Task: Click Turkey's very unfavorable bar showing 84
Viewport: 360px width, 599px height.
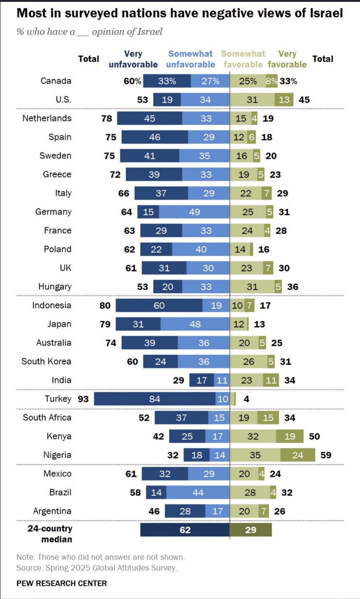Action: point(155,399)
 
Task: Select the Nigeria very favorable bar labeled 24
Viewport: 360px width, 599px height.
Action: point(298,455)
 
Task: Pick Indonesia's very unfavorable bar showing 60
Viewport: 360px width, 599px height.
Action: point(159,306)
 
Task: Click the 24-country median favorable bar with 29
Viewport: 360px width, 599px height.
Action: point(251,530)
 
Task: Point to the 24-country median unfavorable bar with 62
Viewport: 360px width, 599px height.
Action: point(185,530)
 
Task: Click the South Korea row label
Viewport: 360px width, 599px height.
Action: point(46,361)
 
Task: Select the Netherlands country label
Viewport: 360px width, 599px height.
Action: point(47,119)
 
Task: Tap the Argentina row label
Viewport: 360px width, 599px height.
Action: point(52,511)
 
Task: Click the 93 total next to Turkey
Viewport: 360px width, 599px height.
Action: point(83,399)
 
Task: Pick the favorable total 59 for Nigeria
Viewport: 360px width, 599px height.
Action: point(326,455)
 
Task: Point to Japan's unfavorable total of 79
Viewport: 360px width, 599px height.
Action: point(105,324)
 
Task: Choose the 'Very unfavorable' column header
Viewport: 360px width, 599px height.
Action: point(133,59)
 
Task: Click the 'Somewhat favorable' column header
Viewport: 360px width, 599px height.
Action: point(243,59)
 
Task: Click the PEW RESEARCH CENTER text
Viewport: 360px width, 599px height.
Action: point(62,583)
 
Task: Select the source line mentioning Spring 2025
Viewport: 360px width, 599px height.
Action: point(96,568)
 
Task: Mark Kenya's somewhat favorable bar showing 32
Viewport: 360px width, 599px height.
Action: point(253,436)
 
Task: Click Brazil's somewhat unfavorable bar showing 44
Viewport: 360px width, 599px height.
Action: point(198,493)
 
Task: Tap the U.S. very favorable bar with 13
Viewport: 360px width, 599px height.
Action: point(284,100)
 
